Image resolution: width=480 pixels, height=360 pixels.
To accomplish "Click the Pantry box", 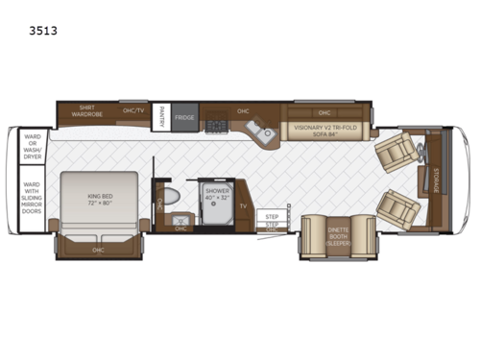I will click(x=162, y=114).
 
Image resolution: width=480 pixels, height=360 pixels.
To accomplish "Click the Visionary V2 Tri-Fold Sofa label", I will click(x=324, y=130).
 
